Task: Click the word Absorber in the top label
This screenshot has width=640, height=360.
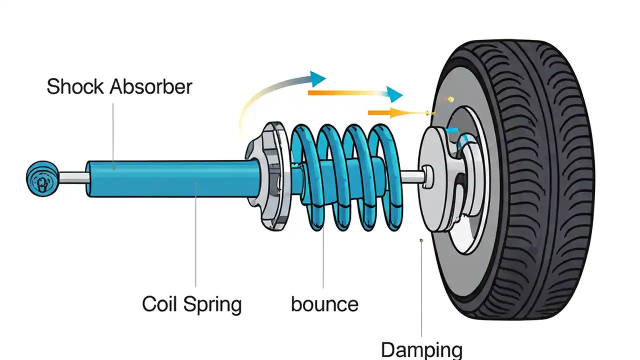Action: click(x=150, y=87)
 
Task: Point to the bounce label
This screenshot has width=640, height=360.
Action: click(x=324, y=304)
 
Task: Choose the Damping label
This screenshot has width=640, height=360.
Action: click(x=421, y=349)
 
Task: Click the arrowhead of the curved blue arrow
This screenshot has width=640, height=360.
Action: click(x=316, y=78)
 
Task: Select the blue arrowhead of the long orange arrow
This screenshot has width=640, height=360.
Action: click(x=393, y=93)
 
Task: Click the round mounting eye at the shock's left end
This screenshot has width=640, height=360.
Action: click(x=42, y=178)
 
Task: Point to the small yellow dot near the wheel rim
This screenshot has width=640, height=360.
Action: click(x=451, y=99)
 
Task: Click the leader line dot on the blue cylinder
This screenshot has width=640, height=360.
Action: click(x=114, y=168)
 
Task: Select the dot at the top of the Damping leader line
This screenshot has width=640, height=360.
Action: click(x=421, y=240)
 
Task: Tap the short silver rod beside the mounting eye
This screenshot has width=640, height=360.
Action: click(x=73, y=177)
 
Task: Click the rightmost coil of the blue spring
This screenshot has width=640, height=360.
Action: click(x=382, y=175)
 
